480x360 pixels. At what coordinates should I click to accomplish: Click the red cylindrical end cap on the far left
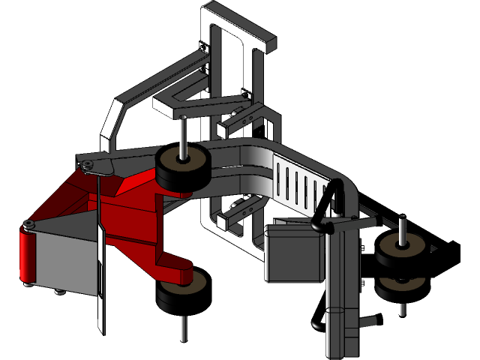[x=26, y=255]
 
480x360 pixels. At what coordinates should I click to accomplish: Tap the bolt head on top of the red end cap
[x=28, y=225]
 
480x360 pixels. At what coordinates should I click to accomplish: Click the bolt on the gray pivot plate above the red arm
[x=88, y=164]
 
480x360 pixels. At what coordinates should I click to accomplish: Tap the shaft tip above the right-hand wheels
[x=403, y=223]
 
